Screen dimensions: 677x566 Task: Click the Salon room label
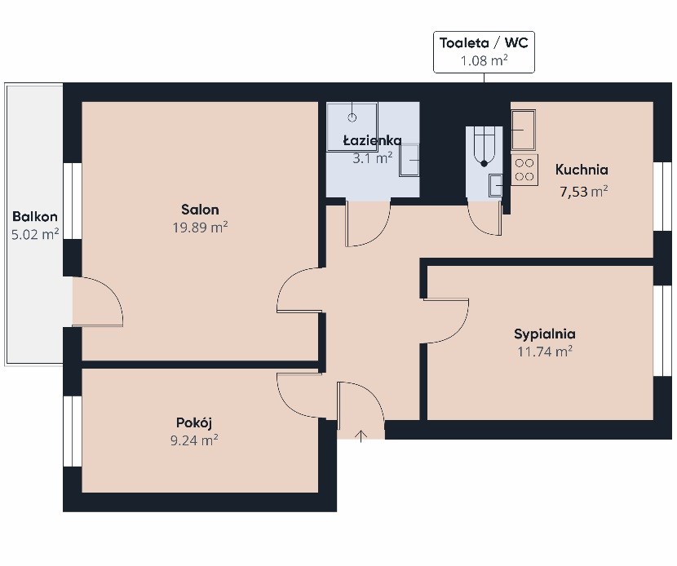tap(200, 210)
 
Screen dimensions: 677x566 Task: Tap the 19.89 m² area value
tap(200, 227)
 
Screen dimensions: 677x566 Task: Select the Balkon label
tap(35, 216)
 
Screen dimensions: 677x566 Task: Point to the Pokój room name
tap(194, 422)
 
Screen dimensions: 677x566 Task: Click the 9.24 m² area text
tap(194, 440)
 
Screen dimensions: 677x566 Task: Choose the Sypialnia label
tap(545, 334)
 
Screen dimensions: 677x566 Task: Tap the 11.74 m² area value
tap(545, 352)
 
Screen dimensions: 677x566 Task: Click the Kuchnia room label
tap(582, 170)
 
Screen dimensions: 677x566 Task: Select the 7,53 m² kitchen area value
tap(584, 192)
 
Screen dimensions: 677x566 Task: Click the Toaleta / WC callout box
tap(484, 52)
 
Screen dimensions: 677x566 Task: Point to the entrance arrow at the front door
tap(361, 436)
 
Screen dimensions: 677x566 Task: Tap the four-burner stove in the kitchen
tap(524, 170)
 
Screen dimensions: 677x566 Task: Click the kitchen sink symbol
tap(524, 130)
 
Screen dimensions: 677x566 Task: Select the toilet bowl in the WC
tap(484, 147)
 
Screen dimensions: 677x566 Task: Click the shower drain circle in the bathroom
tap(352, 117)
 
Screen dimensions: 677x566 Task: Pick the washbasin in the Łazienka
tap(409, 160)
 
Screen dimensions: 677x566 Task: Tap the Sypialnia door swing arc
tap(455, 330)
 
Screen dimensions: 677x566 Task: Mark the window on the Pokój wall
tap(73, 431)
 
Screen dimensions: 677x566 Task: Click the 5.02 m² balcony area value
tap(35, 234)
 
